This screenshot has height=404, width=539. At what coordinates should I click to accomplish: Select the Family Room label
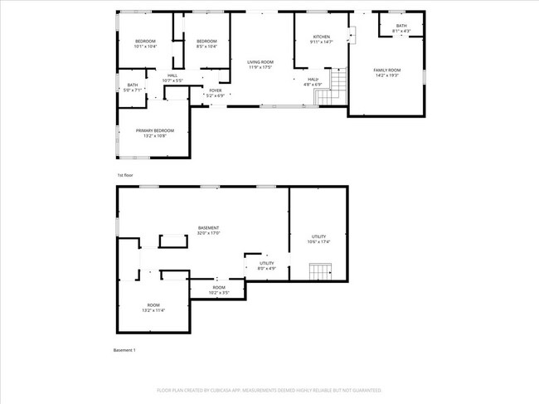pos(386,72)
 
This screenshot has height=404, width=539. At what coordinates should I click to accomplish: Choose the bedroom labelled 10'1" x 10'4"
pos(145,44)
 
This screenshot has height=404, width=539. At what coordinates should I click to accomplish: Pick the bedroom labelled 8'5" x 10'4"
pos(206,44)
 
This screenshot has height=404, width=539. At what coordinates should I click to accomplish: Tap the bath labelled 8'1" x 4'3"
pos(401,28)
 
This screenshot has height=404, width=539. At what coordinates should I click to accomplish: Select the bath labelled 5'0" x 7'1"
pos(133,87)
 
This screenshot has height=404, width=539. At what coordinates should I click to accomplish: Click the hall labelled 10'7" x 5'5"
pos(172,78)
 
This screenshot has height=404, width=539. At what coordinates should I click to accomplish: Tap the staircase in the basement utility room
pos(319,271)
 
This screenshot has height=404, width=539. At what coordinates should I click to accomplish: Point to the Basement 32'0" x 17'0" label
pos(208,231)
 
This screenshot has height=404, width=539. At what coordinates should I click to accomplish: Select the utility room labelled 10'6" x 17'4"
pos(319,239)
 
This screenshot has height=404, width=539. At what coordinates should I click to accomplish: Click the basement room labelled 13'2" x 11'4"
pos(153,308)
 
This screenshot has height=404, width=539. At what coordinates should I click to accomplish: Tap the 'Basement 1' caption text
pos(124,350)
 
